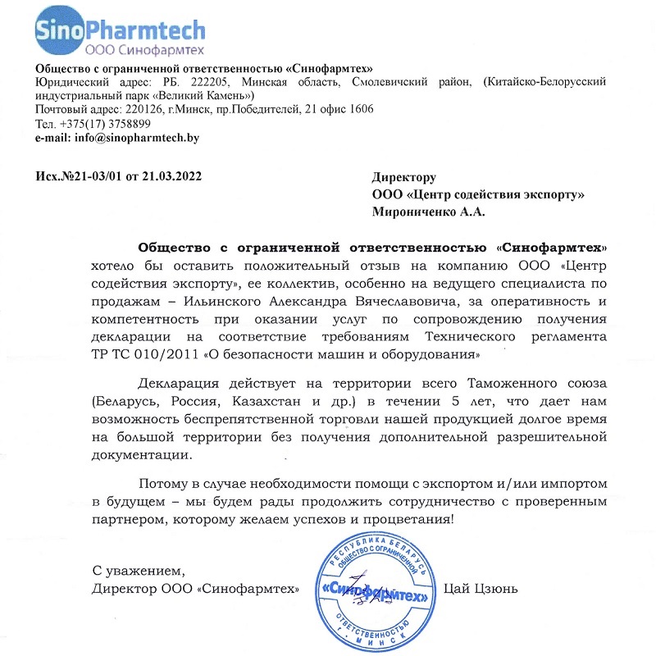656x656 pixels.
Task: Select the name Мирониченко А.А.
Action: (x=428, y=212)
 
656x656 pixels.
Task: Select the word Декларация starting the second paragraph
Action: (x=182, y=384)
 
